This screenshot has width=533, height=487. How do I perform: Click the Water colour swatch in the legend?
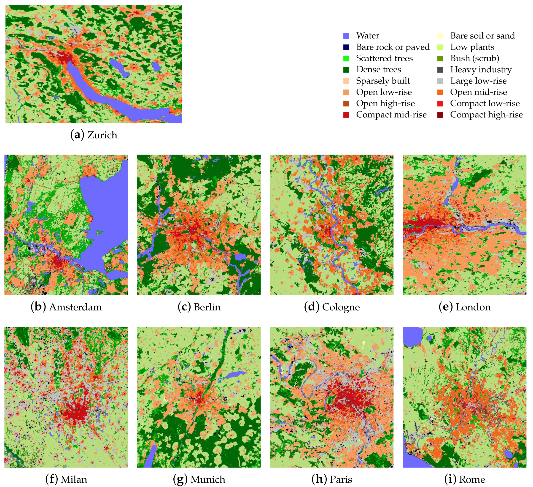click(x=346, y=36)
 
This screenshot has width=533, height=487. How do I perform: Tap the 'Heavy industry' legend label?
click(x=481, y=70)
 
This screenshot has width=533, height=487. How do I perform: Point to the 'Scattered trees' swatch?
click(x=346, y=58)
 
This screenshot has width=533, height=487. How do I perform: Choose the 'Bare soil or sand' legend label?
click(x=482, y=36)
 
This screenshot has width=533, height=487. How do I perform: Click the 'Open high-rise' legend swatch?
click(x=346, y=103)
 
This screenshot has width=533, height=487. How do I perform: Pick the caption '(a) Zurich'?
click(x=94, y=135)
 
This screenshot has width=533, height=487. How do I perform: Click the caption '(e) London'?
click(x=464, y=307)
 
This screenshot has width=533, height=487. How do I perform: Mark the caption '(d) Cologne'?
click(x=331, y=307)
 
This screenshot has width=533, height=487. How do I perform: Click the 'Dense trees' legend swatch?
click(x=346, y=70)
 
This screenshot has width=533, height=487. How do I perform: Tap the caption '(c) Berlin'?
click(x=199, y=307)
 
